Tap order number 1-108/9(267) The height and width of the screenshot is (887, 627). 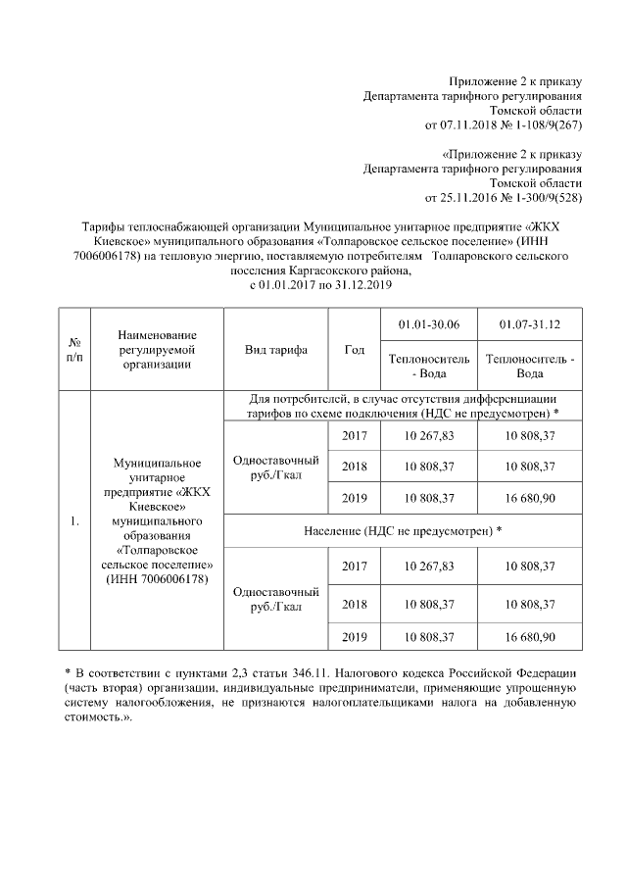[x=544, y=126]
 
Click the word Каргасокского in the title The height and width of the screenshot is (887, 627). [x=339, y=271]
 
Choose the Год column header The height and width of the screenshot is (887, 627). [x=354, y=350]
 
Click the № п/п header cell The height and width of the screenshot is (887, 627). [x=73, y=350]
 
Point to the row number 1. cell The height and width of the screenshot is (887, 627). [x=73, y=520]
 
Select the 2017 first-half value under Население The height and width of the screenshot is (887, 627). [x=428, y=567]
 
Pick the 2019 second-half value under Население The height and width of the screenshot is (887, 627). [x=529, y=637]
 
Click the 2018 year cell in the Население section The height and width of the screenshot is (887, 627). [x=354, y=604]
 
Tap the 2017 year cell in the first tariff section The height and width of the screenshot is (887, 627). [x=354, y=435]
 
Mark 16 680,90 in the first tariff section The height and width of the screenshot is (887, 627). [x=529, y=498]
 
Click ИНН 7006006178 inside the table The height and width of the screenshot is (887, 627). [x=157, y=580]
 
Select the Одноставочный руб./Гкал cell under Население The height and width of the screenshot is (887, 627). [x=262, y=599]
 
